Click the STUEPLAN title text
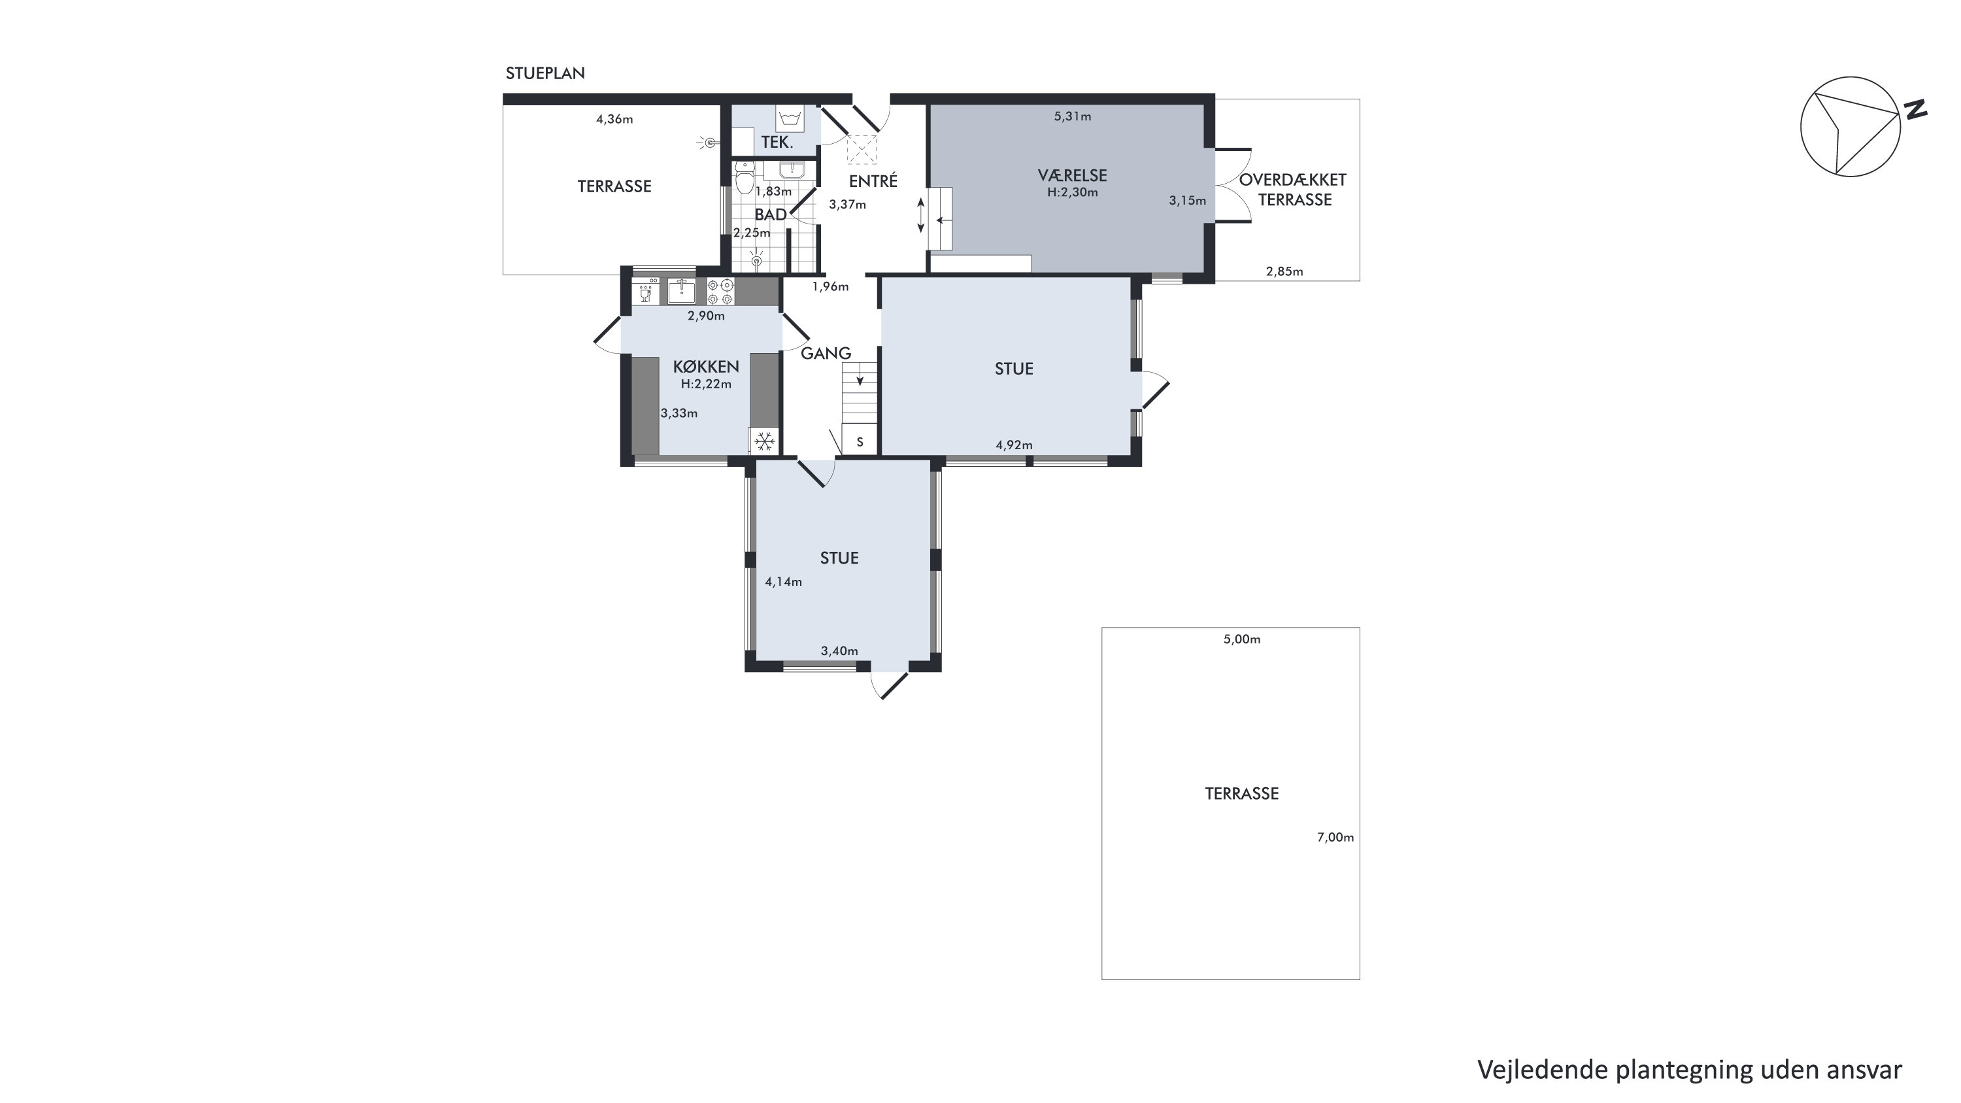545,73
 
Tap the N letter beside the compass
1915,110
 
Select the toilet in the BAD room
745,177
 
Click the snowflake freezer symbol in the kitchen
764,441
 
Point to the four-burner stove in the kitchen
720,292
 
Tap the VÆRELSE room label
1072,175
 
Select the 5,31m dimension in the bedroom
1072,116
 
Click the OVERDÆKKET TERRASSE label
1294,190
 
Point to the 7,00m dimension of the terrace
1335,838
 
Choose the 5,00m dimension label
1241,639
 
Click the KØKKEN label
706,367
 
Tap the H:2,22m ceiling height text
706,384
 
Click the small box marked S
860,441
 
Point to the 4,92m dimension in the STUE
1014,445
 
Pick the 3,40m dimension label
839,651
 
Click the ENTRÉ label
873,181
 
